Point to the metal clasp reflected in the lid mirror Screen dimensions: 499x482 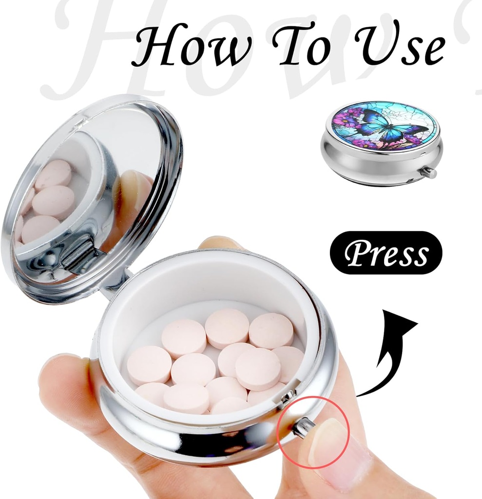pos(80,253)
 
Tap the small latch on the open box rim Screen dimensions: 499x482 pos(288,397)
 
